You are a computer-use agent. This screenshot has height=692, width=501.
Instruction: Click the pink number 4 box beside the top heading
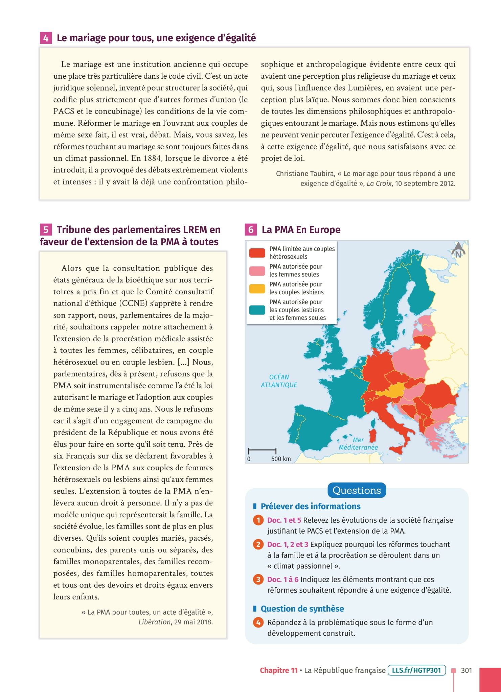tap(45, 38)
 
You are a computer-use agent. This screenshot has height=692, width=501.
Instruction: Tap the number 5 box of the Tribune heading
tap(45, 230)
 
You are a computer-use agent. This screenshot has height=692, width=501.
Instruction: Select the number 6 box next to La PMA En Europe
tap(251, 230)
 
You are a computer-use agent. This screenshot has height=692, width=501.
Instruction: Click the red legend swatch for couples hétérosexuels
tap(257, 253)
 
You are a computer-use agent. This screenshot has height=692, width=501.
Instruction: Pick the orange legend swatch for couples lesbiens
tap(257, 288)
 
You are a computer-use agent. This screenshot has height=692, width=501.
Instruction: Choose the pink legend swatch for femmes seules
tap(257, 271)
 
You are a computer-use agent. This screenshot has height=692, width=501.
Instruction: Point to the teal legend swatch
tap(257, 310)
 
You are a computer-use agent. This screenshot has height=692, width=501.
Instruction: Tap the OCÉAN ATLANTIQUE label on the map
tap(279, 381)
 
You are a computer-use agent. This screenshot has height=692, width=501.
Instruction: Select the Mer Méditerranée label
tap(358, 444)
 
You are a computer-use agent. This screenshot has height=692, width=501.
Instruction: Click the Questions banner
tap(357, 490)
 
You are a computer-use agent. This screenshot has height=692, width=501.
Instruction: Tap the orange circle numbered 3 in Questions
tap(258, 579)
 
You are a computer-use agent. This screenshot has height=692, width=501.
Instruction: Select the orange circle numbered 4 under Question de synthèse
tap(258, 622)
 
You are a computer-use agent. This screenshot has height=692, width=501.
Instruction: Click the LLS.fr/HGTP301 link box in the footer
tap(417, 670)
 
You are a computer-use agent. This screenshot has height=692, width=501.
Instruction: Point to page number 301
tap(466, 670)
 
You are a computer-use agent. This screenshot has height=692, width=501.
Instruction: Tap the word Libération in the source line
tap(154, 622)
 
